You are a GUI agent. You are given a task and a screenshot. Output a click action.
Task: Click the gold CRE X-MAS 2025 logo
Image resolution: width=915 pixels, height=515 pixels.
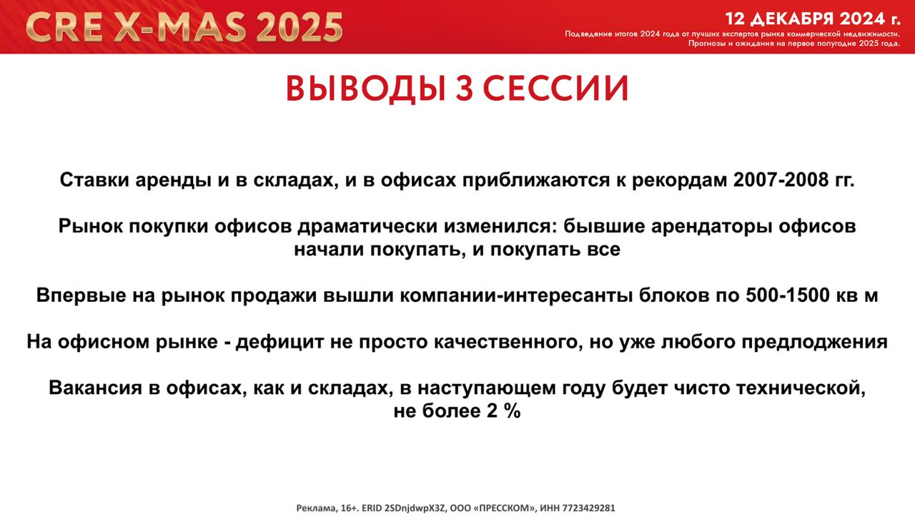tap(184, 27)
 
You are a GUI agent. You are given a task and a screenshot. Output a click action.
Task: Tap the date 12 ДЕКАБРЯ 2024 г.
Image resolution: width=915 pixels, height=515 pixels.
tap(813, 19)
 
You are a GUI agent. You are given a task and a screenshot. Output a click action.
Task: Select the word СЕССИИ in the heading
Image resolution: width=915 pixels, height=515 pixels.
tap(555, 89)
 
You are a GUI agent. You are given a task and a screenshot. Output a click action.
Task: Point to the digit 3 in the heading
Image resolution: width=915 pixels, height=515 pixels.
tap(465, 89)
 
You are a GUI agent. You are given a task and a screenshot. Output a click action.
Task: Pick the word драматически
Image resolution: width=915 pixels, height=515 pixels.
tap(367, 226)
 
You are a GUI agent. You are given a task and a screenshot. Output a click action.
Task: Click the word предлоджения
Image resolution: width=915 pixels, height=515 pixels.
tap(814, 342)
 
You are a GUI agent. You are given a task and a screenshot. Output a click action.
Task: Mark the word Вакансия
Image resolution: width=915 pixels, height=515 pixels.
tap(96, 388)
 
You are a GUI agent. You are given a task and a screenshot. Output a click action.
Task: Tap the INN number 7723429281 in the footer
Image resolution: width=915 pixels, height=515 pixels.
tap(588, 508)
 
